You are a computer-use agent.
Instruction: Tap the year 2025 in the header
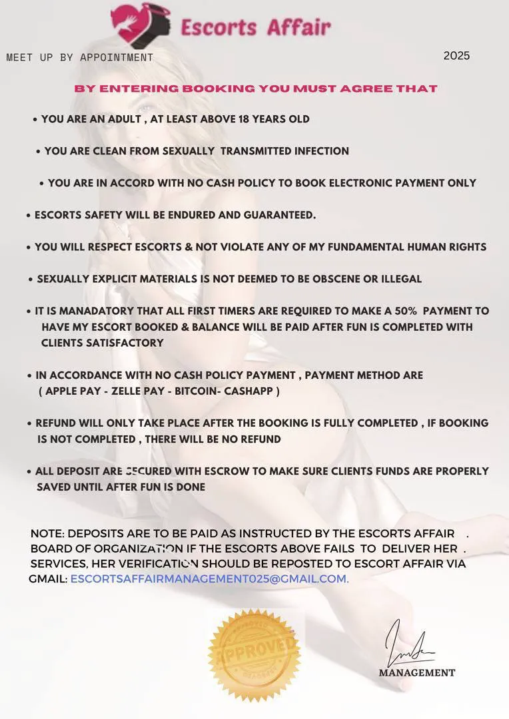click(x=456, y=56)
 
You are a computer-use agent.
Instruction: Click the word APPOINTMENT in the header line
click(x=116, y=57)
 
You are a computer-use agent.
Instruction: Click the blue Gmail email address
click(x=209, y=579)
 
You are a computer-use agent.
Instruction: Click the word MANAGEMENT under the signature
click(x=417, y=673)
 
